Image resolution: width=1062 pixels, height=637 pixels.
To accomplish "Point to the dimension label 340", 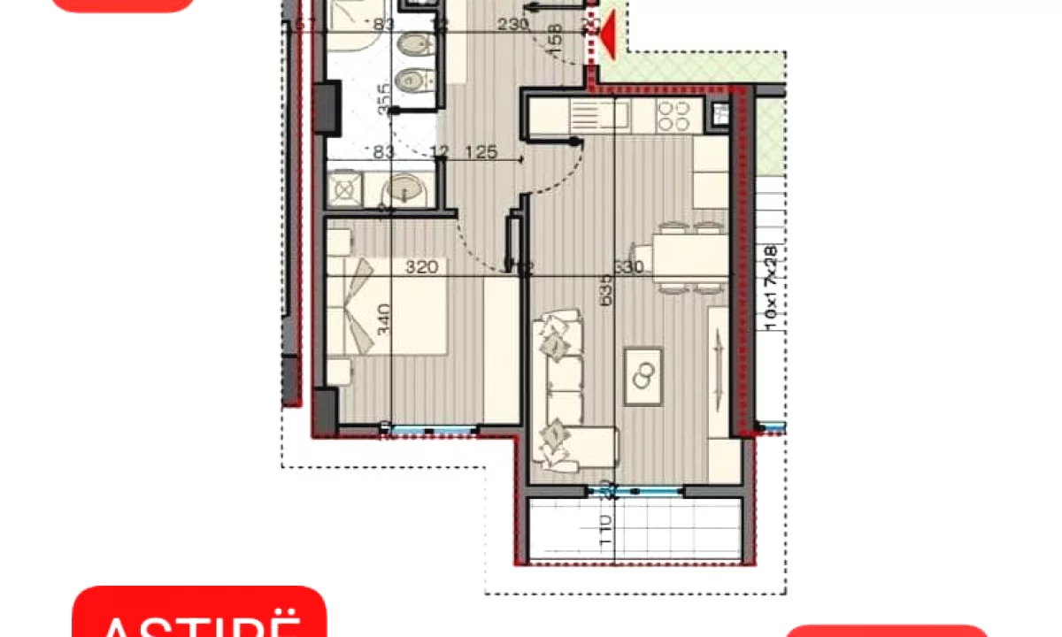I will click(x=383, y=318).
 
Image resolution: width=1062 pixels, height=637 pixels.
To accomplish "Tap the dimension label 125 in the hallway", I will click(x=481, y=153).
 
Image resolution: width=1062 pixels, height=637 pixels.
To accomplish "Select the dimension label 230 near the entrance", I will click(x=512, y=26).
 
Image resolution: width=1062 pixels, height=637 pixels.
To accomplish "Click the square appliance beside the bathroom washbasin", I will click(x=345, y=188).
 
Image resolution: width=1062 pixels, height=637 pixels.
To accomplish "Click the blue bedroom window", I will click(x=431, y=431).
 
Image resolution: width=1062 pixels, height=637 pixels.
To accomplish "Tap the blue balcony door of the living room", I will click(x=635, y=489).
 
